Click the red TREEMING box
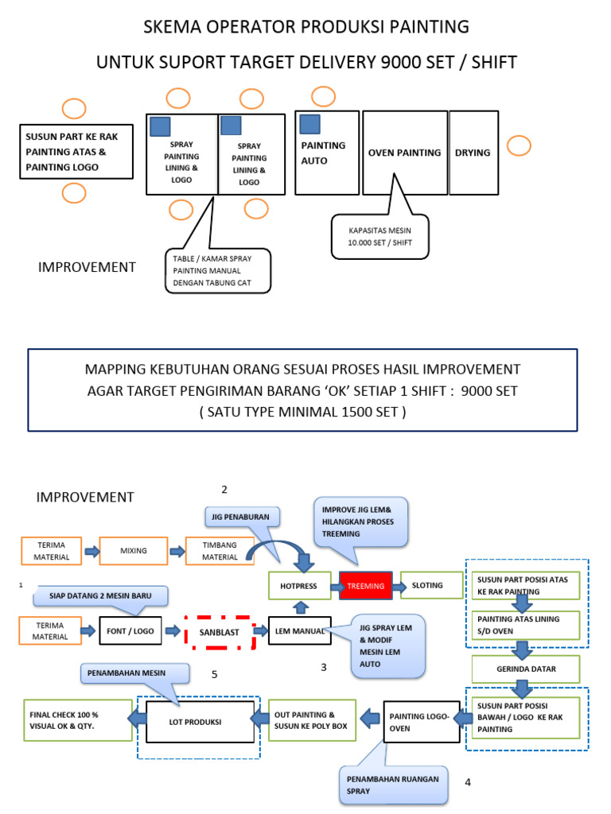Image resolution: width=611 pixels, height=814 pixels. (366, 586)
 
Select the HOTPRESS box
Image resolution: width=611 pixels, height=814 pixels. (299, 586)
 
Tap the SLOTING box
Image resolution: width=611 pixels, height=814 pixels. (432, 586)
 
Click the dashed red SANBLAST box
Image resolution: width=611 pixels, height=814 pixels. (218, 632)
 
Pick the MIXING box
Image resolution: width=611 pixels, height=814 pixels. (134, 550)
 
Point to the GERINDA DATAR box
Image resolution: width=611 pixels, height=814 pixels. (527, 669)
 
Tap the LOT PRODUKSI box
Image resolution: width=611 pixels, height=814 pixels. (200, 721)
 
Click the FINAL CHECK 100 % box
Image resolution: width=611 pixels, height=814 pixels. (77, 719)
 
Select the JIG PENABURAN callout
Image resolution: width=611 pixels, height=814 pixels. (245, 516)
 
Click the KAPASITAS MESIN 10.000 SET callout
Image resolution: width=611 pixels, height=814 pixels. (379, 236)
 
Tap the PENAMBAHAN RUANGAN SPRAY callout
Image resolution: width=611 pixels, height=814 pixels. (393, 785)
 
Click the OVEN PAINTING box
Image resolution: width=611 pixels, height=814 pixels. (404, 153)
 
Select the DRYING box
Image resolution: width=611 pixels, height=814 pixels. (473, 153)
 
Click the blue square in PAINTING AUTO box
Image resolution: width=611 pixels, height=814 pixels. (310, 124)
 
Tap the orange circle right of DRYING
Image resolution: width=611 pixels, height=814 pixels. (519, 146)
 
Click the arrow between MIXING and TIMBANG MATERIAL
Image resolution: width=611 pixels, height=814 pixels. (176, 551)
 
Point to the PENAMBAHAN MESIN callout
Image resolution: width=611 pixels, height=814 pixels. (134, 673)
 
